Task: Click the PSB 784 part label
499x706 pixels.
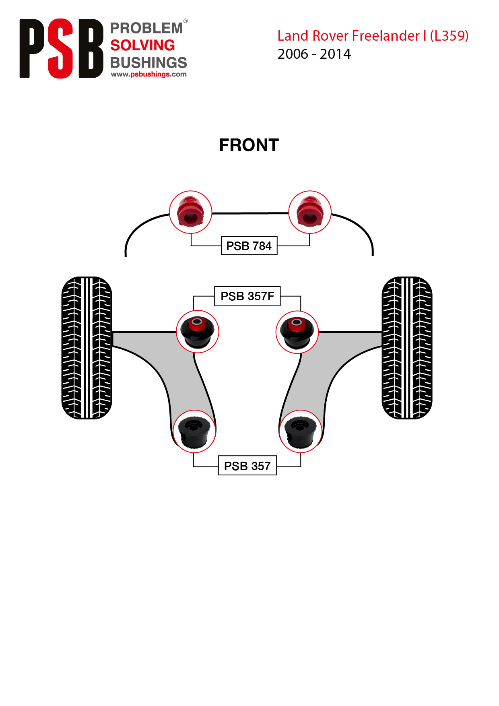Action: click(249, 246)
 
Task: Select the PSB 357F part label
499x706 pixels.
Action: click(247, 296)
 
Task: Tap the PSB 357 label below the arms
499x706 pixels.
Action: click(247, 466)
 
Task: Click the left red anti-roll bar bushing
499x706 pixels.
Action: click(190, 212)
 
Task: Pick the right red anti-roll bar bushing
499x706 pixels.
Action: click(310, 212)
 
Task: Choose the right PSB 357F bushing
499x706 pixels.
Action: click(297, 332)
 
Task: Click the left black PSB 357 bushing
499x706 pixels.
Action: click(194, 431)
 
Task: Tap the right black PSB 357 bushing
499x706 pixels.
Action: click(300, 431)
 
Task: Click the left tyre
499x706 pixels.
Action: click(87, 348)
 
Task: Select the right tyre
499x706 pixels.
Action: click(407, 348)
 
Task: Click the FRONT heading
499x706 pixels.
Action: click(249, 145)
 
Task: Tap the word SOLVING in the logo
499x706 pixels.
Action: click(142, 45)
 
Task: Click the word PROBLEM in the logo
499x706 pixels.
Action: click(146, 28)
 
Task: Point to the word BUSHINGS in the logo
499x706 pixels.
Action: click(148, 62)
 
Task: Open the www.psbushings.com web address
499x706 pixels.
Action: click(149, 74)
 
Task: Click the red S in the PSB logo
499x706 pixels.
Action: click(61, 48)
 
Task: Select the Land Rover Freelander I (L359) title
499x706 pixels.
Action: click(373, 36)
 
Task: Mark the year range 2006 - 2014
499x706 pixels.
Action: click(314, 54)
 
